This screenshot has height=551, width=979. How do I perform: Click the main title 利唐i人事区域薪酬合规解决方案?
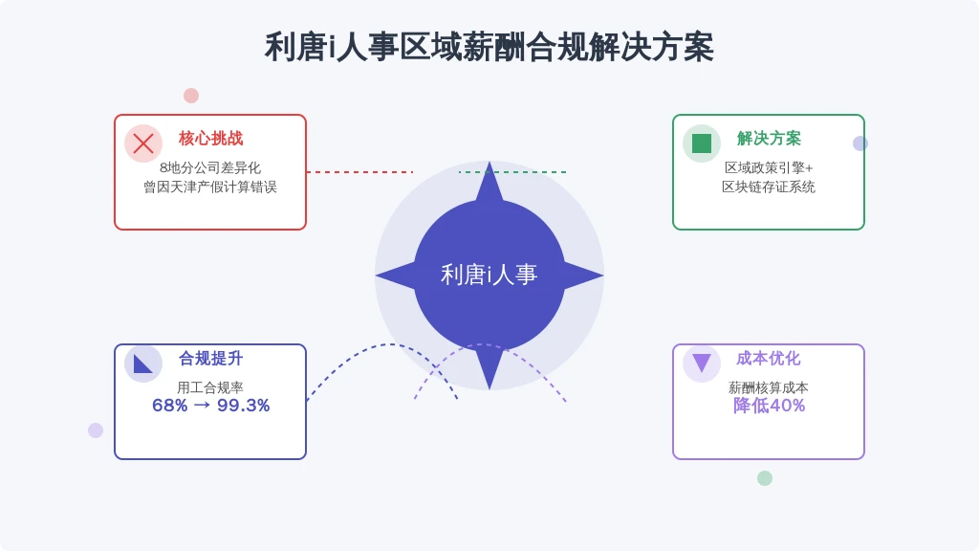pyautogui.click(x=489, y=48)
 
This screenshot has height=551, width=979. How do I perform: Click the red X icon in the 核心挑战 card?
pyautogui.click(x=143, y=143)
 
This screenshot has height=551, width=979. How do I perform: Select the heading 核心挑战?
pyautogui.click(x=210, y=138)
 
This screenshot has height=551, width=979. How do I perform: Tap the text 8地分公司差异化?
pyautogui.click(x=210, y=167)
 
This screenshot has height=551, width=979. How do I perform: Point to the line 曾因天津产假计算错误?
pyautogui.click(x=210, y=187)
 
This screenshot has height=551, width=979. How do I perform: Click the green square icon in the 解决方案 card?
pyautogui.click(x=702, y=143)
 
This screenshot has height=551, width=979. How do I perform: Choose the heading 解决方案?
pyautogui.click(x=769, y=138)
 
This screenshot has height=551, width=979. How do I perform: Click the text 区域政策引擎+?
pyautogui.click(x=769, y=167)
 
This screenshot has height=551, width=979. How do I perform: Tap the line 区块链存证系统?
pyautogui.click(x=769, y=187)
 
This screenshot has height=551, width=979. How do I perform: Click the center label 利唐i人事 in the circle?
pyautogui.click(x=489, y=275)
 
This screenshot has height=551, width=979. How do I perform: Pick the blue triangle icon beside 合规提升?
pyautogui.click(x=142, y=364)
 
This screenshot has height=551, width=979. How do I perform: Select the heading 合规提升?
pyautogui.click(x=210, y=358)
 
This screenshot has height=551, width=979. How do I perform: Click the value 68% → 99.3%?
pyautogui.click(x=211, y=406)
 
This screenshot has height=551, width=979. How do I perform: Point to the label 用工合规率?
pyautogui.click(x=210, y=387)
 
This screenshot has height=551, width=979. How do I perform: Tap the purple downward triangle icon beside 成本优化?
pyautogui.click(x=702, y=363)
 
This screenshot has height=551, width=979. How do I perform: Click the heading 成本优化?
pyautogui.click(x=769, y=358)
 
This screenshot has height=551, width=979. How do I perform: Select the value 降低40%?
pyautogui.click(x=770, y=406)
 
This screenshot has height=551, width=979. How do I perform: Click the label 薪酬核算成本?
pyautogui.click(x=769, y=387)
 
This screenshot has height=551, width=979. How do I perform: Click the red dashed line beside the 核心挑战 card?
pyautogui.click(x=359, y=172)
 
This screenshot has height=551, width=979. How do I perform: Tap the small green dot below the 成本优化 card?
pyautogui.click(x=765, y=478)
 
